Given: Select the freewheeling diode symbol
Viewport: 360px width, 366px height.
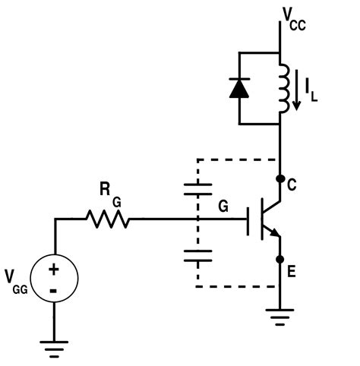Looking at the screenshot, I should [x=239, y=87].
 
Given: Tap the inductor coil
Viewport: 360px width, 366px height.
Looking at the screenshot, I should [x=283, y=87].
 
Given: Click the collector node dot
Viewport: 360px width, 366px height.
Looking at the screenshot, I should [x=280, y=180].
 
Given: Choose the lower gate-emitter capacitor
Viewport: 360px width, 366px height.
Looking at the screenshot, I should [x=197, y=254].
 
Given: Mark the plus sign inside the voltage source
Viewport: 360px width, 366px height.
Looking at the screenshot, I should [x=55, y=270].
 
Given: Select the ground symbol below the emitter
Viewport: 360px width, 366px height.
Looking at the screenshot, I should [x=280, y=315].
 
